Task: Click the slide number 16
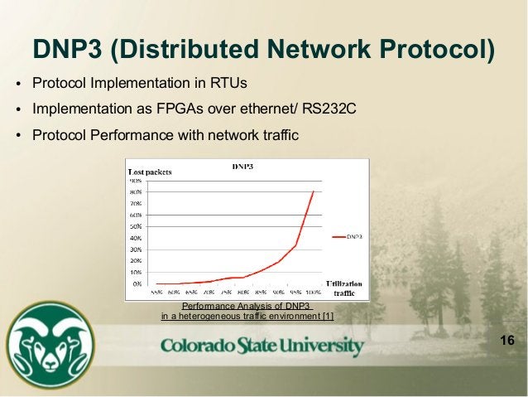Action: pyautogui.click(x=507, y=342)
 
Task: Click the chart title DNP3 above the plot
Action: pyautogui.click(x=242, y=167)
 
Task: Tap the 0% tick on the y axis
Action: pyautogui.click(x=137, y=283)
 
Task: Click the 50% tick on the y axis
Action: pyautogui.click(x=135, y=225)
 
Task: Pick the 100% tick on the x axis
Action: pyautogui.click(x=313, y=293)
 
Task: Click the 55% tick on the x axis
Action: pyautogui.click(x=156, y=293)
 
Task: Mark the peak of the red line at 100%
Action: pyautogui.click(x=313, y=191)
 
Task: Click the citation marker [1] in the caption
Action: pyautogui.click(x=328, y=316)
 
